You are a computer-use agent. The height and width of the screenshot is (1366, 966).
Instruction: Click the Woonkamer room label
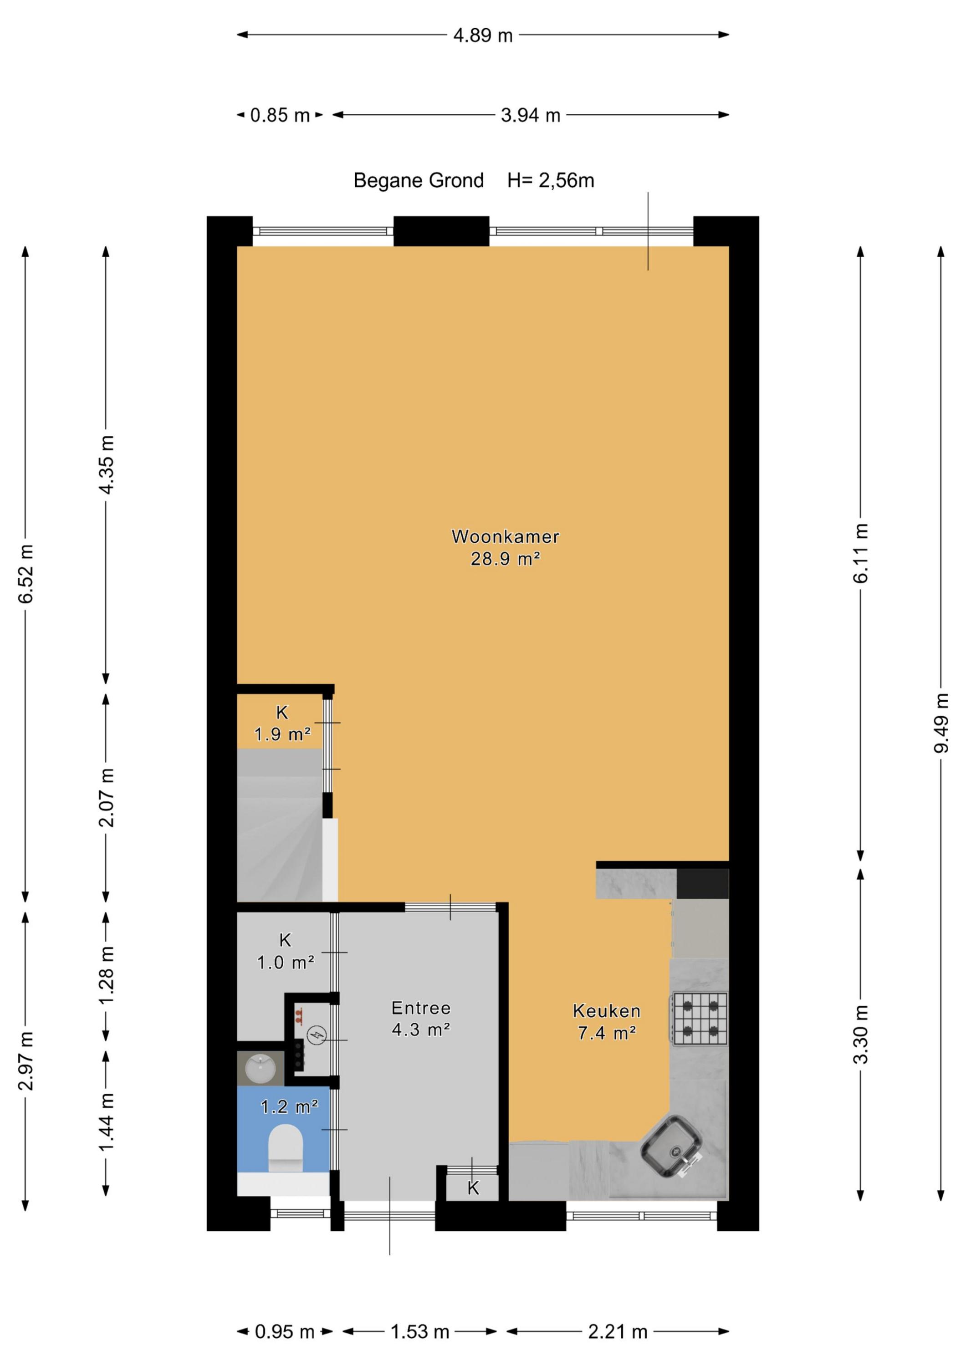[506, 537]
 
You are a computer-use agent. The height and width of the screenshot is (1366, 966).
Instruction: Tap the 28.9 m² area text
[506, 559]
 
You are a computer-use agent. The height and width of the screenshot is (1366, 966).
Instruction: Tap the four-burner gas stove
[700, 1019]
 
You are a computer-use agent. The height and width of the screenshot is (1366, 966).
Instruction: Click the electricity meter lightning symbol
[317, 1035]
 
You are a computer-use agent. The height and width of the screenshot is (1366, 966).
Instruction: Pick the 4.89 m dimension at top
[483, 36]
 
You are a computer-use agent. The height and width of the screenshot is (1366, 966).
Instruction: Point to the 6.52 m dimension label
[26, 574]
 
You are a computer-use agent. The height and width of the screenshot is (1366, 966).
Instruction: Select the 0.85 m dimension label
[280, 115]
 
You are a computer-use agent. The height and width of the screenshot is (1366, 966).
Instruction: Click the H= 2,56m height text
[551, 180]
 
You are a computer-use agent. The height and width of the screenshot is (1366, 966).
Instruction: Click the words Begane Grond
[419, 180]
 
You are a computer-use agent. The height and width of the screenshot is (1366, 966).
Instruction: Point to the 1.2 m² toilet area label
[290, 1106]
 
